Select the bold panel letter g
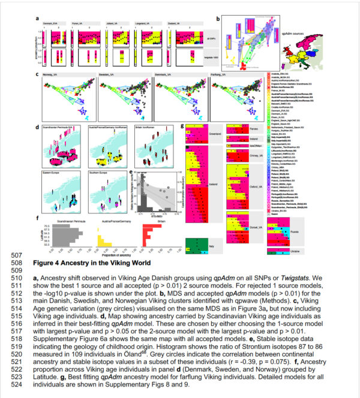point(182,126)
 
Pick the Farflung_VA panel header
point(223,76)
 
